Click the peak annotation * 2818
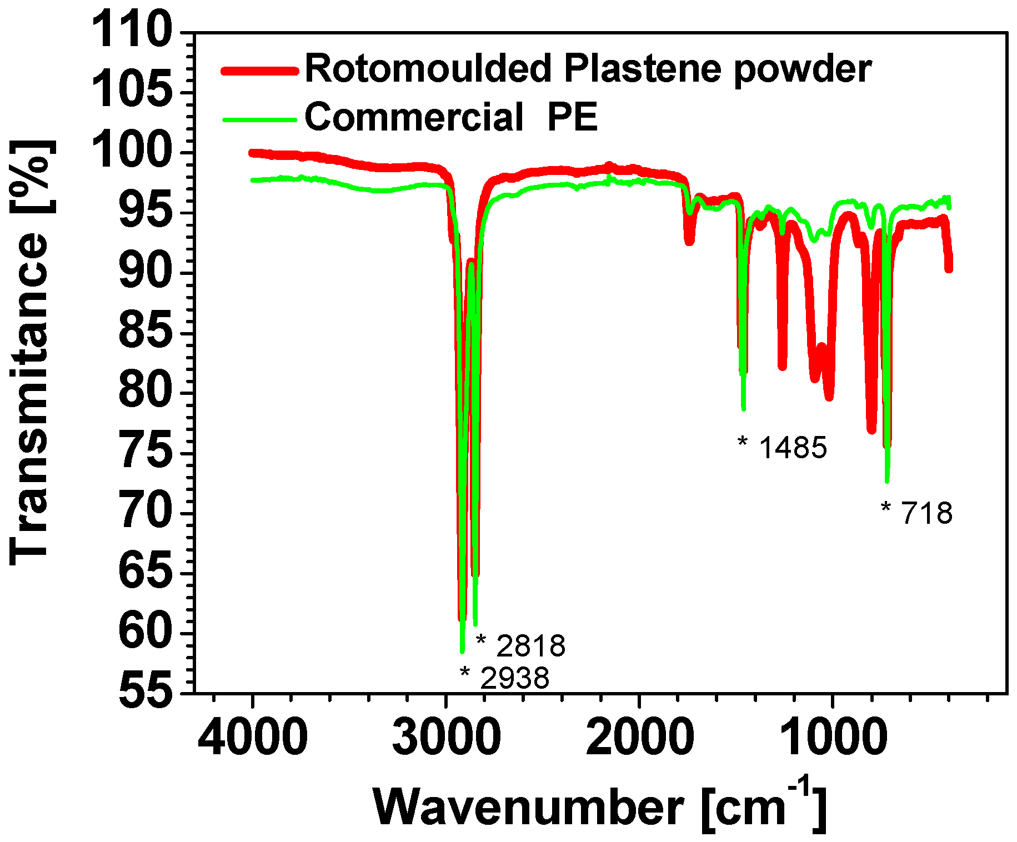coord(521,645)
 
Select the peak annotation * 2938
coord(505,678)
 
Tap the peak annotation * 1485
coord(783,447)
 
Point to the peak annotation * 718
coord(917,513)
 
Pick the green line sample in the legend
coord(258,119)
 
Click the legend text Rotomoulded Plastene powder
coord(588,69)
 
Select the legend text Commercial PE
coord(451,117)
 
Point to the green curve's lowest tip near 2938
coord(462,651)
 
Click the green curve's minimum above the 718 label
coord(887,481)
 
